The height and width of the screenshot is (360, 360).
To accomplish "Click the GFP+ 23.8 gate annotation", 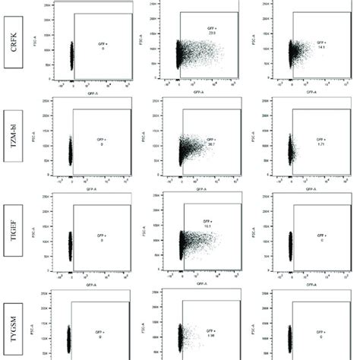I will click(x=213, y=33).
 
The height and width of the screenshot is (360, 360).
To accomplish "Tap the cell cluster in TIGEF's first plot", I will click(x=70, y=245).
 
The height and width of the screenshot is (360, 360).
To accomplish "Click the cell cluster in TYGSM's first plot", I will click(x=68, y=338).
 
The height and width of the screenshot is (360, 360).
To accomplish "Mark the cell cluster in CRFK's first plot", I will click(x=71, y=55).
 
